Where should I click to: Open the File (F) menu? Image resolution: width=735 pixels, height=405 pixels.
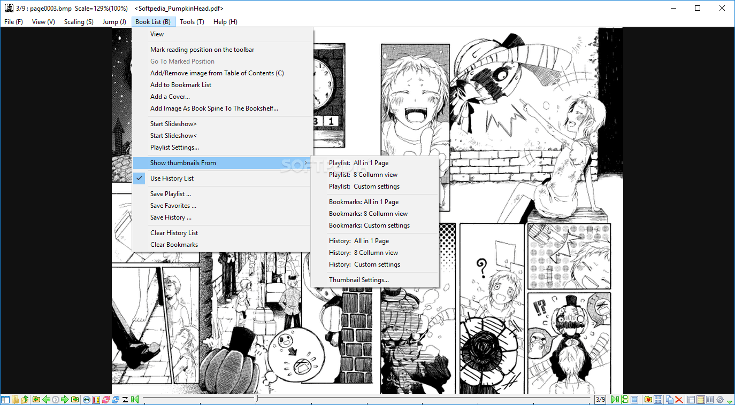pyautogui.click(x=13, y=22)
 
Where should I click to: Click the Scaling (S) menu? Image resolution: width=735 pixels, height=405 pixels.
pyautogui.click(x=79, y=22)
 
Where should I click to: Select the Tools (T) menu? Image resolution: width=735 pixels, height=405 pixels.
pyautogui.click(x=192, y=22)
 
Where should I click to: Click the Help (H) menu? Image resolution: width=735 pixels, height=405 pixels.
pyautogui.click(x=225, y=22)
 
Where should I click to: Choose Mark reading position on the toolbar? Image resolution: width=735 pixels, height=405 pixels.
pyautogui.click(x=202, y=50)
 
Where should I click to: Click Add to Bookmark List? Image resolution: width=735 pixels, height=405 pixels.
pyautogui.click(x=181, y=85)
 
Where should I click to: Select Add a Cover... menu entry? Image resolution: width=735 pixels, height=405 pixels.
pyautogui.click(x=170, y=97)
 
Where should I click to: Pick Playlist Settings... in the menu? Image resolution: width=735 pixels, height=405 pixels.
pyautogui.click(x=174, y=147)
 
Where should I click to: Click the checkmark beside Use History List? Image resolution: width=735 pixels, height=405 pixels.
pyautogui.click(x=140, y=178)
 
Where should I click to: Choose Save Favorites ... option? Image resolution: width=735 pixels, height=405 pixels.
pyautogui.click(x=173, y=206)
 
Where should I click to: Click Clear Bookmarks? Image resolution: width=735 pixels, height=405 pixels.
pyautogui.click(x=174, y=245)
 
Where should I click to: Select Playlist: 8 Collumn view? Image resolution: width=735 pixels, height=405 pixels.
pyautogui.click(x=363, y=175)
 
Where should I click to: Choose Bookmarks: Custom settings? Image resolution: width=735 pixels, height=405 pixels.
pyautogui.click(x=369, y=225)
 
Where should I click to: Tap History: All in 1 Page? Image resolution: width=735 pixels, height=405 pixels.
pyautogui.click(x=359, y=241)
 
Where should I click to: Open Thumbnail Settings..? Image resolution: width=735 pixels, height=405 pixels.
pyautogui.click(x=359, y=280)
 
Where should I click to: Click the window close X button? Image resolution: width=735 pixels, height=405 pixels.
pyautogui.click(x=722, y=8)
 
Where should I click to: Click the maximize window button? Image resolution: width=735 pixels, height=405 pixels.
pyautogui.click(x=698, y=8)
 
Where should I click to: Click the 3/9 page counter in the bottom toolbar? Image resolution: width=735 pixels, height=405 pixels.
pyautogui.click(x=600, y=400)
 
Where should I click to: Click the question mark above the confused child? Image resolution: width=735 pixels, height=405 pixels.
pyautogui.click(x=482, y=264)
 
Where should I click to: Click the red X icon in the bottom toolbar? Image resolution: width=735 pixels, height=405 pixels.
pyautogui.click(x=678, y=400)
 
